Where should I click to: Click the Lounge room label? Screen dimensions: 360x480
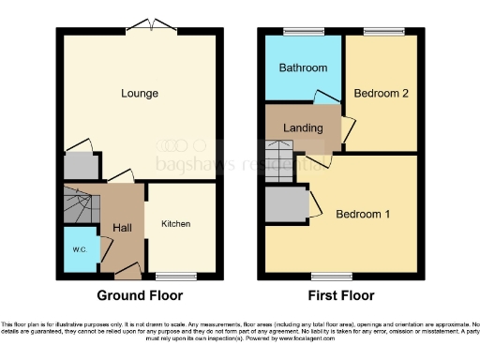[x=139, y=94]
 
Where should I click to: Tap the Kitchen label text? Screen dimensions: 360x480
[x=175, y=224]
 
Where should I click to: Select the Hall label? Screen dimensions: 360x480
[x=122, y=228]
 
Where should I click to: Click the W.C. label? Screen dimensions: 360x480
[x=78, y=249]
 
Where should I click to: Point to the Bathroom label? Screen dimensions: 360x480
[x=303, y=68]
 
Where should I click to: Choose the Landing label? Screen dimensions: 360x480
[x=304, y=128]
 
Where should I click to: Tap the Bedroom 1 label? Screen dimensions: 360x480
[x=363, y=215]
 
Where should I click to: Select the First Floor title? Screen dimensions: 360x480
[x=338, y=295]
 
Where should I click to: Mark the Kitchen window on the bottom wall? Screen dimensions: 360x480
[x=175, y=275]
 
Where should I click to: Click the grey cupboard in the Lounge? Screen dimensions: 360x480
[x=81, y=167]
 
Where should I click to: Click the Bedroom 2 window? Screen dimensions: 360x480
[x=379, y=32]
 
